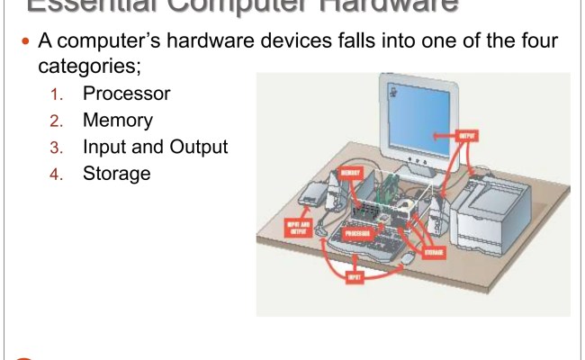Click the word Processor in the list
coord(126,94)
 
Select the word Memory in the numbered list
coord(118,120)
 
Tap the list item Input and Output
coord(156,146)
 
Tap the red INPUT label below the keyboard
coord(355,278)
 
